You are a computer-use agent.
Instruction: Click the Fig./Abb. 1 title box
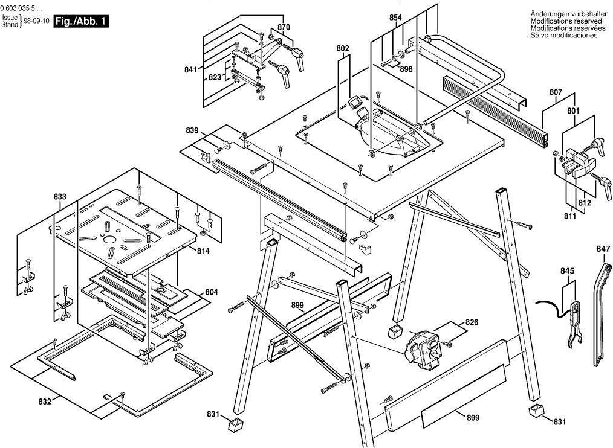[81, 22]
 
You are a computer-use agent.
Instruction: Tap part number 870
[284, 27]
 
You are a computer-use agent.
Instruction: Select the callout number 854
[395, 18]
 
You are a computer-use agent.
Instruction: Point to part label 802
[343, 48]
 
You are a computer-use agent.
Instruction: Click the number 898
[406, 69]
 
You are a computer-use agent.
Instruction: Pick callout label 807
[556, 93]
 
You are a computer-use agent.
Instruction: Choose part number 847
[603, 249]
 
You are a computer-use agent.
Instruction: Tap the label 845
[567, 271]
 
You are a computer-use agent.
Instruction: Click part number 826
[472, 322]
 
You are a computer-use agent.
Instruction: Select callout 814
[203, 251]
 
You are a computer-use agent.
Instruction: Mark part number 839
[192, 130]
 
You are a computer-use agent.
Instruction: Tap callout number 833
[60, 197]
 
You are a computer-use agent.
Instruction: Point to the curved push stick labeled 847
[602, 308]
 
